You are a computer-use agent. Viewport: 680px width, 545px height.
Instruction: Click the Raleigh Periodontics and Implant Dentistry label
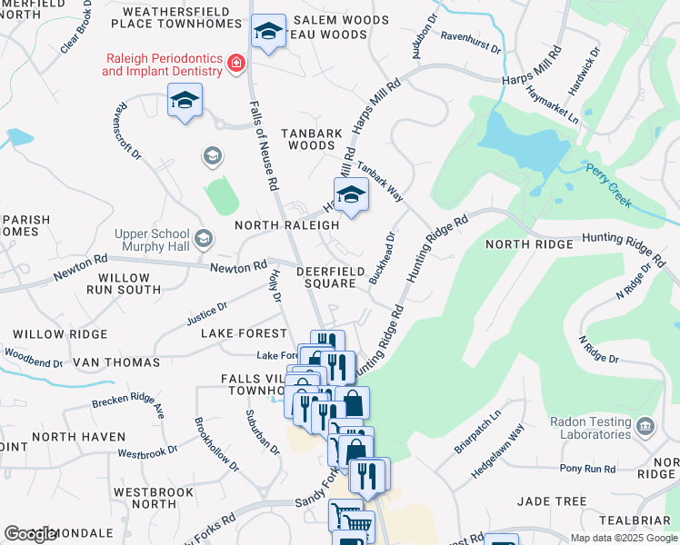tap(162, 64)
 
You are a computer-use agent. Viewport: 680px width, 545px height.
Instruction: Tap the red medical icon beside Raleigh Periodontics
tap(236, 63)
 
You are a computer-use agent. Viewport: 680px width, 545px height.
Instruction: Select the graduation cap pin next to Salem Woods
tap(268, 33)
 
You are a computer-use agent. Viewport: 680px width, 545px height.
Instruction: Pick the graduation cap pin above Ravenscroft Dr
tap(185, 99)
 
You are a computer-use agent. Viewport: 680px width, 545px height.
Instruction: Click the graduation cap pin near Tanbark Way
tap(351, 193)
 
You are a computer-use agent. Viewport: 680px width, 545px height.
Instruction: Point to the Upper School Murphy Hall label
tap(153, 240)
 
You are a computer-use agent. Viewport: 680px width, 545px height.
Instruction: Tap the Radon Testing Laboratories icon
tap(645, 425)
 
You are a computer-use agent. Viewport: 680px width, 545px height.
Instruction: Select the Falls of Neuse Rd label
tap(263, 145)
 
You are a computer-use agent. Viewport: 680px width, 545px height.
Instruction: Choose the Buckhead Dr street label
tap(383, 259)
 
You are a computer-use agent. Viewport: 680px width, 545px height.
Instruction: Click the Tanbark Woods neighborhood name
tap(312, 139)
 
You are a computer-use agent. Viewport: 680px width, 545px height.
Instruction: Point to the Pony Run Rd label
tap(587, 469)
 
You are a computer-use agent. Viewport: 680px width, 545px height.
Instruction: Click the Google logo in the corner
tap(31, 534)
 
